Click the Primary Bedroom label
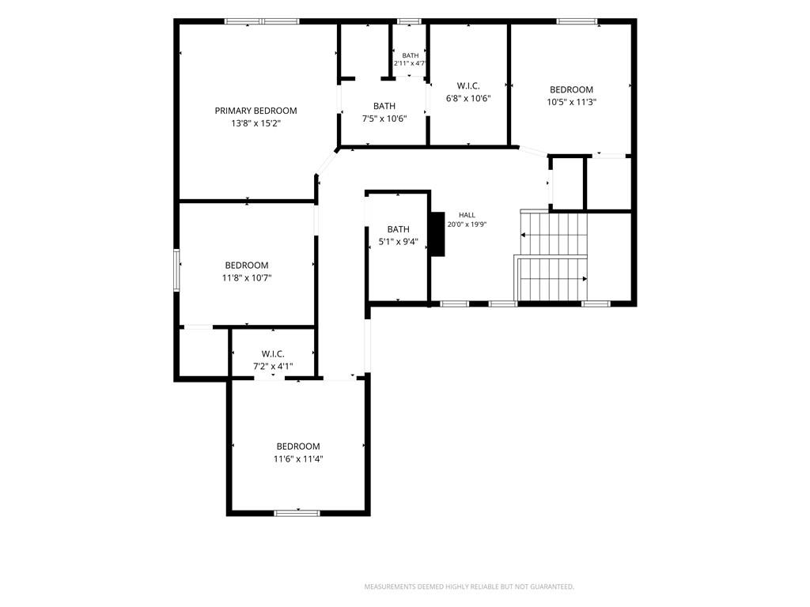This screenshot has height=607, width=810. point(255,111)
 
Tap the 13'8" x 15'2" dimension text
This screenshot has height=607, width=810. point(255,123)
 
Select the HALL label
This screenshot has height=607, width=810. point(467,215)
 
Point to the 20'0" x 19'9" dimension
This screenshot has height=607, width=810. point(467,224)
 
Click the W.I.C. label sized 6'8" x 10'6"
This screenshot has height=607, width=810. point(468,85)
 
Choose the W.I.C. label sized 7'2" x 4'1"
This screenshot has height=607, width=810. point(273,353)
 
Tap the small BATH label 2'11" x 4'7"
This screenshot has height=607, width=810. point(411,55)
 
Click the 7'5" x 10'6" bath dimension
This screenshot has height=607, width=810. point(384,119)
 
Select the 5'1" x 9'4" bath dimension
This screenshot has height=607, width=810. point(399,242)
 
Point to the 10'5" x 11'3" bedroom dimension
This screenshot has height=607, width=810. point(571,102)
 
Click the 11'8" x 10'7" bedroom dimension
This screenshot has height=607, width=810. point(247,278)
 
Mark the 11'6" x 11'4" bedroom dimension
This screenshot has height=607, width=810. point(298,459)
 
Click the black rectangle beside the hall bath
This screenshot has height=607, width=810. point(438,234)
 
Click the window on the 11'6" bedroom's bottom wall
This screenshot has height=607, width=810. point(297,513)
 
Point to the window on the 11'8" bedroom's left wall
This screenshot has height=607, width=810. point(176,270)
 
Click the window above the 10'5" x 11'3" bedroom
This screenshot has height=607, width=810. point(577,21)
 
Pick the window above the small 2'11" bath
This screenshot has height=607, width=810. point(409,21)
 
